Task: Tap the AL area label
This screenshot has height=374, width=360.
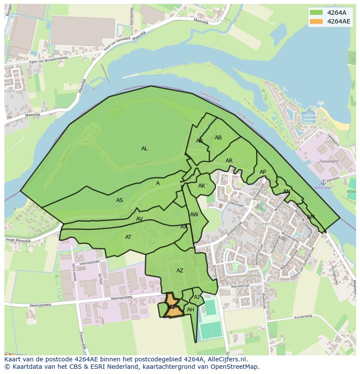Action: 144,149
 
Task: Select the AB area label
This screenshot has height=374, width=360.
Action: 218,138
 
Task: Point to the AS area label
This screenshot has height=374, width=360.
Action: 120,200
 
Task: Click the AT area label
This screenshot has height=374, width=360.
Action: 128,237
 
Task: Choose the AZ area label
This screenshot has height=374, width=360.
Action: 180,271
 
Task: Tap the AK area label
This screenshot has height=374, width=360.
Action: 202,186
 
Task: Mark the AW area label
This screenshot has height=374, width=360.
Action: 194,215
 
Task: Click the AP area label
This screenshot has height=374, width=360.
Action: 263,172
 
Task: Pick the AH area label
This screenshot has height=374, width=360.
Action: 190,310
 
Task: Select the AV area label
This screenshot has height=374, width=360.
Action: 140,219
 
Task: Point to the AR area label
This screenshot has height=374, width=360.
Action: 229,161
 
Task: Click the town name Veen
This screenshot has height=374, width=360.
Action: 264,224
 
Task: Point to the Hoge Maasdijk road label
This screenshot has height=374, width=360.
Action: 17,240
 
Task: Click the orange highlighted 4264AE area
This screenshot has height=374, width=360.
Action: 173,309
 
